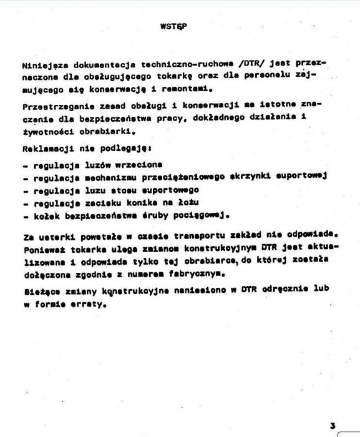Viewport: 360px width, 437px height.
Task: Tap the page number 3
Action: point(333,424)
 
